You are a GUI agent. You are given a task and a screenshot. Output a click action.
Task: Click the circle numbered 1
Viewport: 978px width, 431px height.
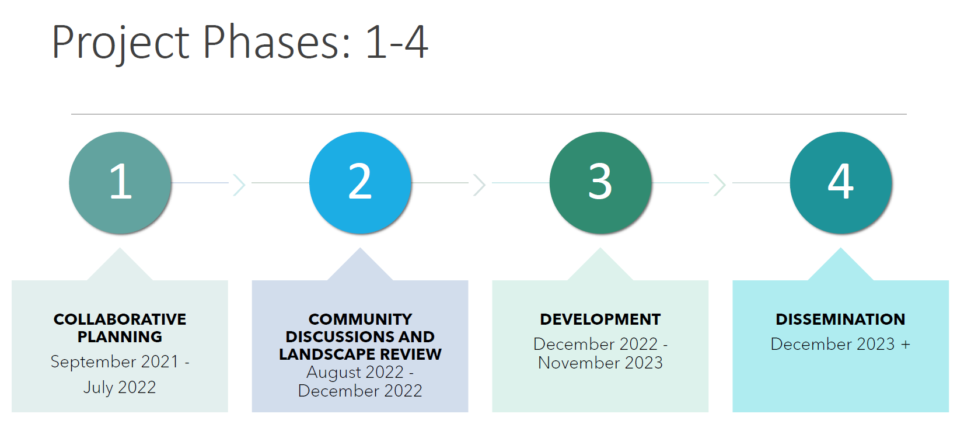click(120, 183)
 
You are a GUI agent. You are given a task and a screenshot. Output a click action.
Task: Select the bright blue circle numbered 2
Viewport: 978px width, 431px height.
click(360, 183)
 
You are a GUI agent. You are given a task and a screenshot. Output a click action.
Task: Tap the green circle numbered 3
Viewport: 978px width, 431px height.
click(600, 183)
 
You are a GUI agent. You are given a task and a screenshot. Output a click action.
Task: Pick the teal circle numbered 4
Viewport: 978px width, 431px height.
click(841, 183)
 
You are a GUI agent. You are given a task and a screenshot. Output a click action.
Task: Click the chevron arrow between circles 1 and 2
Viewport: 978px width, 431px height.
click(239, 185)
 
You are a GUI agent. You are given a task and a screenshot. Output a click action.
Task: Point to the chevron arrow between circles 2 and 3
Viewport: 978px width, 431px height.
click(480, 185)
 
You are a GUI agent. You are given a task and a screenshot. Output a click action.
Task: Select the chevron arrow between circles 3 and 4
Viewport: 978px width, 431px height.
click(719, 185)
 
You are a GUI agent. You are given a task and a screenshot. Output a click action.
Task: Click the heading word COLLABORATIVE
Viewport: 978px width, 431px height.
click(120, 319)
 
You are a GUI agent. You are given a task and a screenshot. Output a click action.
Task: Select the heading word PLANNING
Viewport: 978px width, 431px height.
click(120, 337)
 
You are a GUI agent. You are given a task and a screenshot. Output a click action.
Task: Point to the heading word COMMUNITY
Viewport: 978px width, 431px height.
click(360, 319)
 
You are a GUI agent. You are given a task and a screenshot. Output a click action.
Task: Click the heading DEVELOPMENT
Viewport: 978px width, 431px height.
click(600, 319)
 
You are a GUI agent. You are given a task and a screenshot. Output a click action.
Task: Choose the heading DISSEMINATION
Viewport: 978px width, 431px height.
click(840, 319)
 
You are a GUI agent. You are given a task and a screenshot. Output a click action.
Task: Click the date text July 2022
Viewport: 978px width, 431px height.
click(120, 388)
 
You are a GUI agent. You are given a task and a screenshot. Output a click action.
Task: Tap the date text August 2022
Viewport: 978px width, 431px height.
click(355, 373)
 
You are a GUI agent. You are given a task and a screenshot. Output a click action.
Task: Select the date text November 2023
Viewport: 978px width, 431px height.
click(600, 363)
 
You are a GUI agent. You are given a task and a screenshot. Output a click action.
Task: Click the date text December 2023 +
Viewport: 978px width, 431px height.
click(840, 345)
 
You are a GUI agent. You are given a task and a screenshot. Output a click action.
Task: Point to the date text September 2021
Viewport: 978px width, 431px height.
click(114, 362)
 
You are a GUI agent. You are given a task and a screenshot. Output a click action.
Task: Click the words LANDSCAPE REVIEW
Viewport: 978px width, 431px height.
click(360, 354)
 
